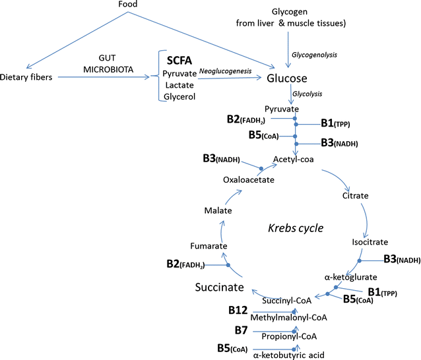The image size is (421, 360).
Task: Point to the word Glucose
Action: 287,78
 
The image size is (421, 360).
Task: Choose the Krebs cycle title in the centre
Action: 295,228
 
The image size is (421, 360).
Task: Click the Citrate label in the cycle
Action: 355,196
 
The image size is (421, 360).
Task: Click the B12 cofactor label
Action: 238,310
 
